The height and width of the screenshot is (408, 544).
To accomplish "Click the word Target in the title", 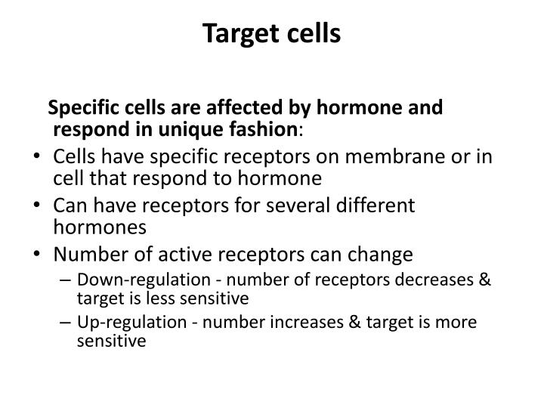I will click(x=243, y=34).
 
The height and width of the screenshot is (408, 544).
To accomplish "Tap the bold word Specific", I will click(x=81, y=108).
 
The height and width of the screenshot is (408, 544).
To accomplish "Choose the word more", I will click(x=462, y=323).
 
